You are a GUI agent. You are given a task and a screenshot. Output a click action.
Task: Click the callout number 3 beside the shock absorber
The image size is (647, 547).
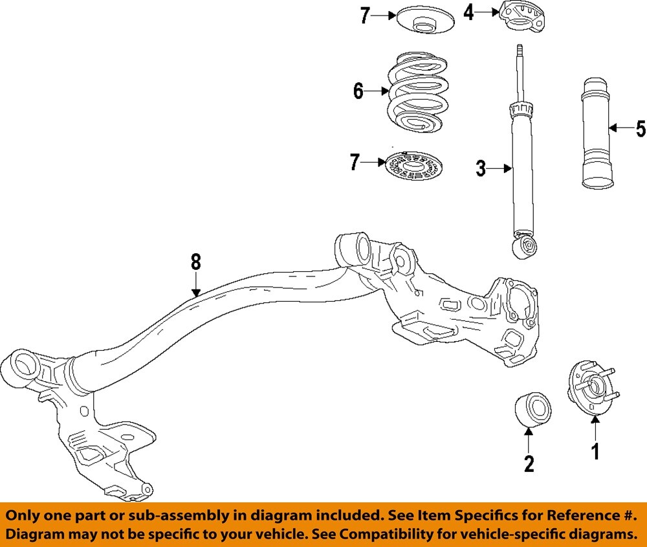pos(480,169)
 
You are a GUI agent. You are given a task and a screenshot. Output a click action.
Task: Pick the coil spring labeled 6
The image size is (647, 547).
pos(417,94)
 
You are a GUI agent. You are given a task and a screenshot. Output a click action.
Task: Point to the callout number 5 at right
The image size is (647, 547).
pos(640,129)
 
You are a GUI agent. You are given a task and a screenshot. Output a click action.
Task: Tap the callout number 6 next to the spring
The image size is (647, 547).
pos(358,92)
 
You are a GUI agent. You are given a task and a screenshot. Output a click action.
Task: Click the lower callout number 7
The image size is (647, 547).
pos(355,162)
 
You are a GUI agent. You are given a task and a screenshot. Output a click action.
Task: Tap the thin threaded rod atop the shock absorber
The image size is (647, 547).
pos(521,71)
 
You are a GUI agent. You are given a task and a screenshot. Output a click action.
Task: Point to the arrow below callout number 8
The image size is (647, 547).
pos(196,284)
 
